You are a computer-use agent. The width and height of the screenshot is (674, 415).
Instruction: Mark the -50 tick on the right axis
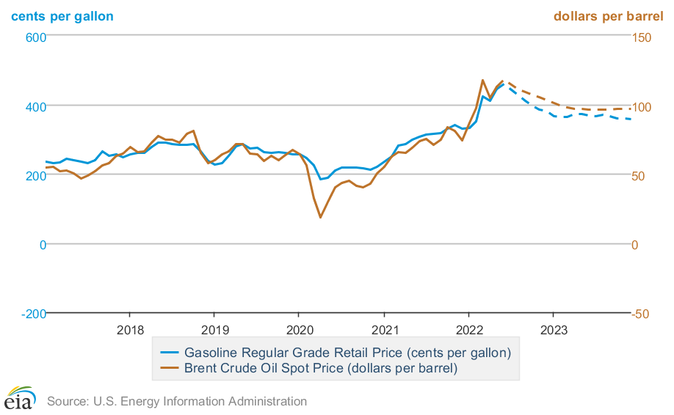(x=642, y=314)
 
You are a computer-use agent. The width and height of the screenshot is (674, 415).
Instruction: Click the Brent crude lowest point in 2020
(x=320, y=217)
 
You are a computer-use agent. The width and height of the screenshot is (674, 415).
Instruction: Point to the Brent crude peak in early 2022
(x=482, y=80)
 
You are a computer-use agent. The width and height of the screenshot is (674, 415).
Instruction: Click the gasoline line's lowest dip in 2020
(x=320, y=179)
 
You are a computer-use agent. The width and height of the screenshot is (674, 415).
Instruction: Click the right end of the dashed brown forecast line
(x=631, y=109)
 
